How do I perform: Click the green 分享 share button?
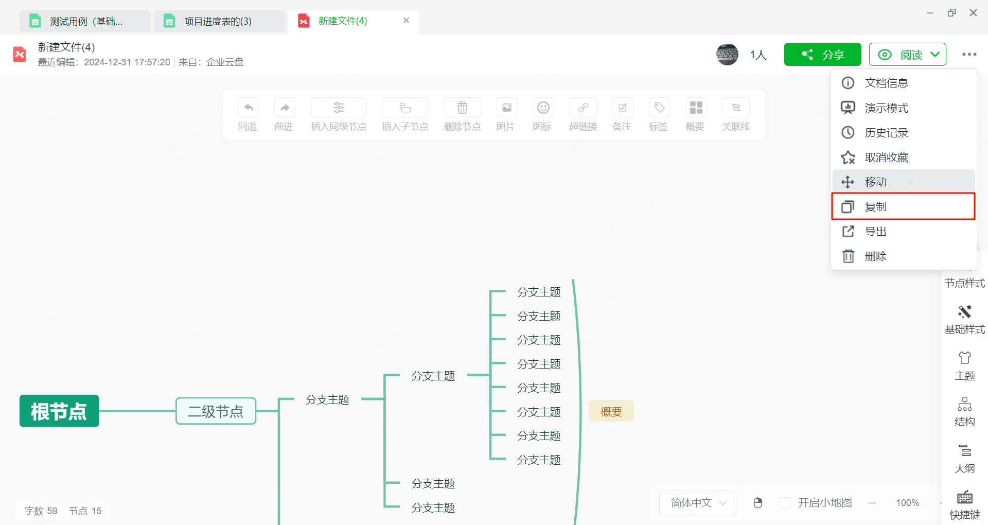(x=822, y=55)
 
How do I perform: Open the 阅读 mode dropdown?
(x=907, y=55)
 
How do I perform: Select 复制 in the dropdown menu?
(x=903, y=206)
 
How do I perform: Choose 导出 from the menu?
(x=903, y=232)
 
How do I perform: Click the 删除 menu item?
(x=903, y=256)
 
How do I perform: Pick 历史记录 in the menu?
(x=903, y=133)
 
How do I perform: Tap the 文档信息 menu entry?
(x=903, y=83)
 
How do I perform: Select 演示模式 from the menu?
(x=903, y=108)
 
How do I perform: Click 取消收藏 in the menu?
(x=903, y=157)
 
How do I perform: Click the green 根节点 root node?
(x=59, y=411)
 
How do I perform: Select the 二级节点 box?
(x=216, y=411)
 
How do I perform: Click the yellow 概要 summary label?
(x=611, y=411)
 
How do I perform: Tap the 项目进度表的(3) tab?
(x=219, y=21)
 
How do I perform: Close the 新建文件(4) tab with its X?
(x=406, y=21)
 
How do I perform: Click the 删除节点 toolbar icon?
(x=462, y=108)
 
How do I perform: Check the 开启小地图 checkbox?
(x=785, y=502)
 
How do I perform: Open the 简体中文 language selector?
(x=697, y=502)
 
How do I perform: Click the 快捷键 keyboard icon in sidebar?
(x=964, y=497)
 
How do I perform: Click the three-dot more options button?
(x=969, y=55)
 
